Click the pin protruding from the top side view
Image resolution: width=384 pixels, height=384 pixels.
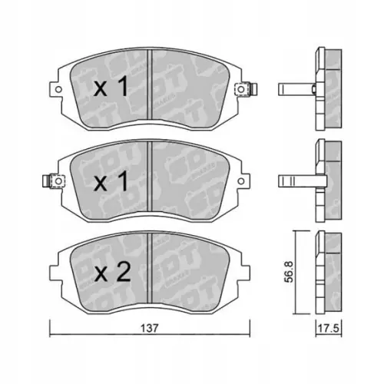[295, 88]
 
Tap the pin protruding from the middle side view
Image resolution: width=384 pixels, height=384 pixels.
[295, 181]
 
